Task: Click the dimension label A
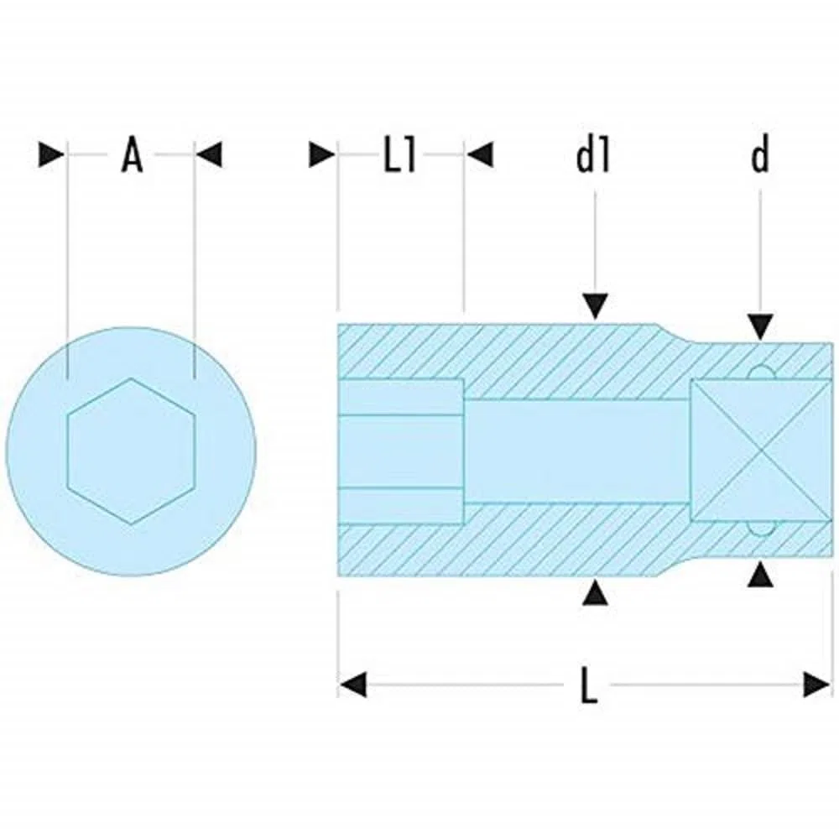pyautogui.click(x=133, y=155)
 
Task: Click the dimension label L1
pyautogui.click(x=400, y=156)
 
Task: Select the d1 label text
pyautogui.click(x=593, y=156)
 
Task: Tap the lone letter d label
pyautogui.click(x=760, y=155)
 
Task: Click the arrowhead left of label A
pyautogui.click(x=52, y=155)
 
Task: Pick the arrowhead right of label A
pyautogui.click(x=209, y=155)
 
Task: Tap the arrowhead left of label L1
pyautogui.click(x=322, y=155)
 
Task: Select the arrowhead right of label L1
pyautogui.click(x=480, y=155)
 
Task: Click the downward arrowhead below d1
pyautogui.click(x=596, y=305)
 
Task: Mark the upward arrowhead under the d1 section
pyautogui.click(x=596, y=593)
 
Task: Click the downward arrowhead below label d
pyautogui.click(x=760, y=326)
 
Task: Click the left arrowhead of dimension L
pyautogui.click(x=353, y=685)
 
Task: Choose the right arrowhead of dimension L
pyautogui.click(x=817, y=685)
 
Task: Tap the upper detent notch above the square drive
pyautogui.click(x=761, y=373)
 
